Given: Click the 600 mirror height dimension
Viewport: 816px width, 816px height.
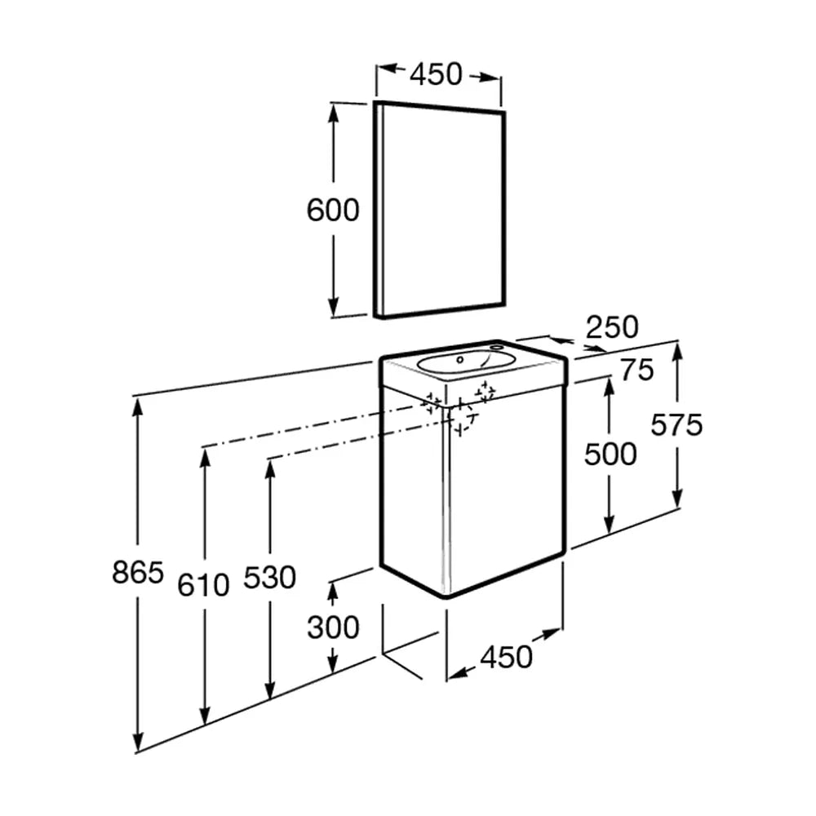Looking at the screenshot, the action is (333, 211).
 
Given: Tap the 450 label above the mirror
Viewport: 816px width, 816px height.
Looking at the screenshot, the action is (436, 74).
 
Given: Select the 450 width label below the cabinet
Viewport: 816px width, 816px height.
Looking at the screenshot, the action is (507, 656).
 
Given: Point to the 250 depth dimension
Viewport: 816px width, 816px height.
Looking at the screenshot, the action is (612, 327).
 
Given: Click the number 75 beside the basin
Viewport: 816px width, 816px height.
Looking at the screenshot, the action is (637, 370).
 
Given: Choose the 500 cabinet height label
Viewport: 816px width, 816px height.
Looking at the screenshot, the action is (610, 454).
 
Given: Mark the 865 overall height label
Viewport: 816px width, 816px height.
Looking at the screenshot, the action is (138, 573).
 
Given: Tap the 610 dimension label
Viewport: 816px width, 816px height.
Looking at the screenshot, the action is (203, 585).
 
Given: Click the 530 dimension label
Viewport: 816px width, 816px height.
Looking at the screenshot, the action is (269, 577).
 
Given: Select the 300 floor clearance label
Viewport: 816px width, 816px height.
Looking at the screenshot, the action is (333, 627).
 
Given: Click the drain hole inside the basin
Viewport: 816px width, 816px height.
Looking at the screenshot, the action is (459, 359).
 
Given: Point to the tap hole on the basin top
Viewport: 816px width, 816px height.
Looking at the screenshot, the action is (496, 345).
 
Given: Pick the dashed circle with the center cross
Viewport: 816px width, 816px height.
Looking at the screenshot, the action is (460, 416).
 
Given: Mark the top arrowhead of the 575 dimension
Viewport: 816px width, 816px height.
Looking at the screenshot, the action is (676, 354).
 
